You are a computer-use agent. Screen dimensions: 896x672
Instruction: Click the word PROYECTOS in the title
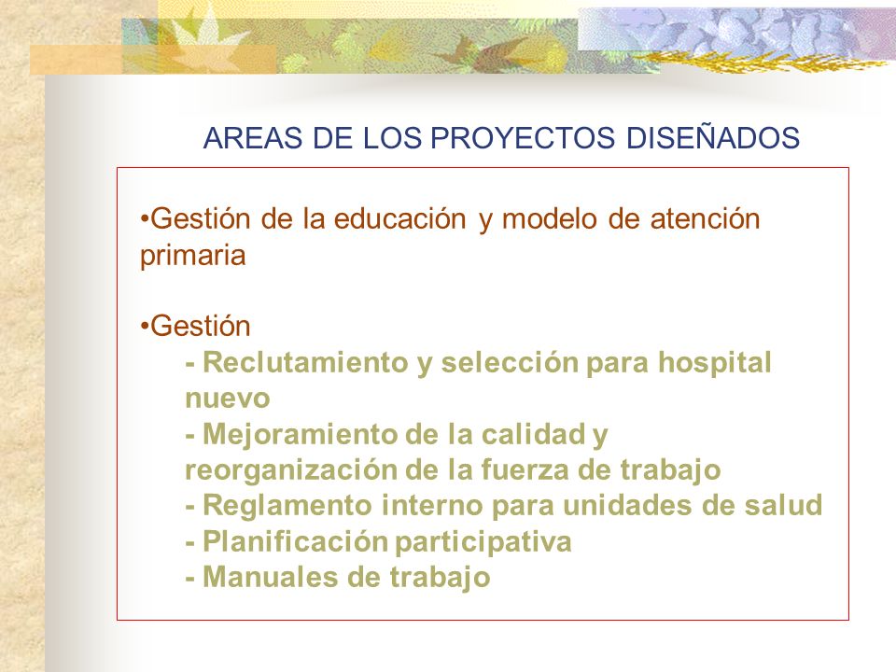[523, 138]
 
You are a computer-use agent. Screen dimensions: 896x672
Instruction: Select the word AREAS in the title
[253, 138]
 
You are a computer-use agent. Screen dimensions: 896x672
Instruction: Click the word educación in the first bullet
[400, 218]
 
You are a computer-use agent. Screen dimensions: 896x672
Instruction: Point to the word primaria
[193, 256]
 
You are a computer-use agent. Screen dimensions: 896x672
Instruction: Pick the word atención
[706, 218]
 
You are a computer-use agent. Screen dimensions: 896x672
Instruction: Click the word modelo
[549, 218]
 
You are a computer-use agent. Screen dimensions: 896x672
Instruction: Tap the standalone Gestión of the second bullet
[200, 327]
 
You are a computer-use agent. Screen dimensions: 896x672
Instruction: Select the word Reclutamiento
[305, 362]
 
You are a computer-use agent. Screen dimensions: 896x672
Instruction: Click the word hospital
[714, 363]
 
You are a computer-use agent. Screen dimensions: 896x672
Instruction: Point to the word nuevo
[228, 399]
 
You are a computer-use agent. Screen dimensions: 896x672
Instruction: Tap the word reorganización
[291, 470]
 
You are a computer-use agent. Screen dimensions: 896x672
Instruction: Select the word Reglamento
[287, 506]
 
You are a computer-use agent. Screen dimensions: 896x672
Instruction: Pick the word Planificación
[294, 541]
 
